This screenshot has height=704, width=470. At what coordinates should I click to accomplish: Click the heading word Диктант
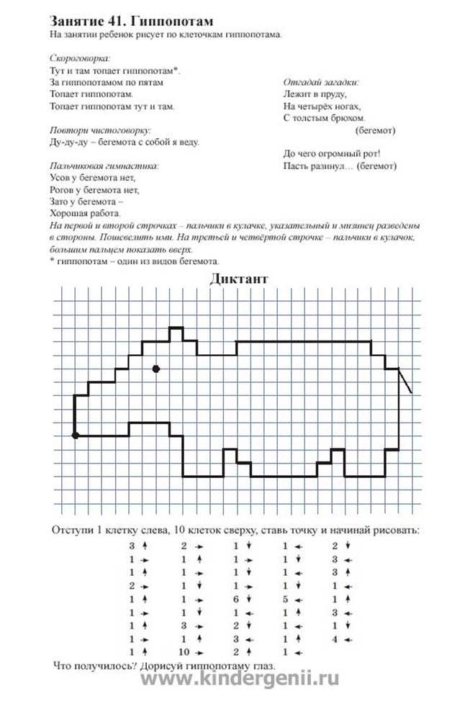[240, 279]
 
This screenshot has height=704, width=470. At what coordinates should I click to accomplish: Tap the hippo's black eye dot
[155, 369]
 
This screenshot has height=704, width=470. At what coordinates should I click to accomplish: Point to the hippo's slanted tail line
[405, 382]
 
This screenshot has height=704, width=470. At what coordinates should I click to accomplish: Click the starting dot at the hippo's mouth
[75, 435]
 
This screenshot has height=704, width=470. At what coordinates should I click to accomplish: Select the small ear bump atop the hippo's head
[176, 333]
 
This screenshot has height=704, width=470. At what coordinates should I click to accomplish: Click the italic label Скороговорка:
[80, 58]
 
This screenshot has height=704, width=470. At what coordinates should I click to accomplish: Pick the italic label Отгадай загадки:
[322, 82]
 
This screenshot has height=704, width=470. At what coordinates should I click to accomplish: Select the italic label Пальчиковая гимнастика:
[104, 166]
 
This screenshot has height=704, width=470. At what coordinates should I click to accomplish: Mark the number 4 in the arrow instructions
[335, 638]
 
